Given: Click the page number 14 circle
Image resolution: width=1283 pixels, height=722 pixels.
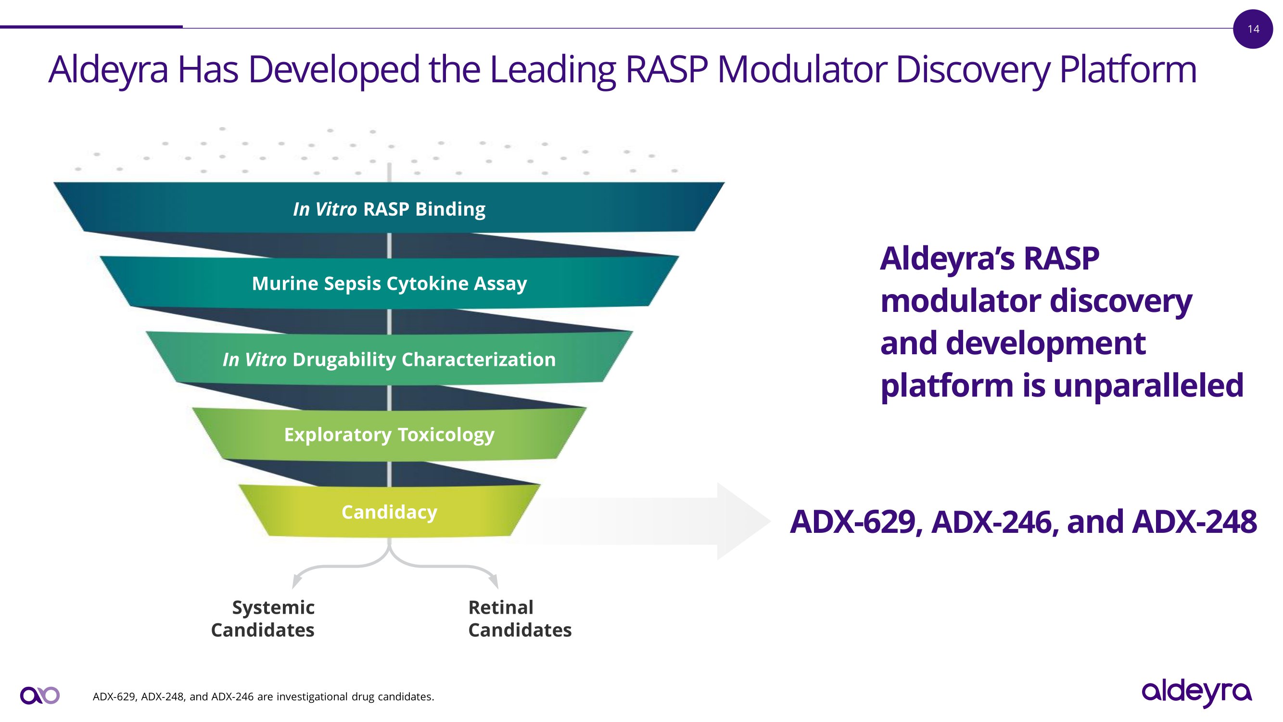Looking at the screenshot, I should (1253, 29).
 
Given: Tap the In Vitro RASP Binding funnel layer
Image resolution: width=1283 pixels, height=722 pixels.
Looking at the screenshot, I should (389, 208).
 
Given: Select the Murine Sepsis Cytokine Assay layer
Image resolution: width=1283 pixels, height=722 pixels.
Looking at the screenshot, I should (389, 283).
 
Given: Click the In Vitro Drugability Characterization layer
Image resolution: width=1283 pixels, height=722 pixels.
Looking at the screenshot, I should (389, 359).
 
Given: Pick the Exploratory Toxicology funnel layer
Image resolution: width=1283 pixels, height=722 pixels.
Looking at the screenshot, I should (389, 434).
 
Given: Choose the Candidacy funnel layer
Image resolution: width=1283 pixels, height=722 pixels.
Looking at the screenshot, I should (389, 512).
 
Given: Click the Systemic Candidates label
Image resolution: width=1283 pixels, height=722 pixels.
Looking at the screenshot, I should (263, 619).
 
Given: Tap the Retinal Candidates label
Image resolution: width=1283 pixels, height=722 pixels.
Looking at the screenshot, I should (520, 619).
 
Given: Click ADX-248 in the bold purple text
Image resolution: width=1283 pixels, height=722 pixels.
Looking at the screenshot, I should (1194, 522).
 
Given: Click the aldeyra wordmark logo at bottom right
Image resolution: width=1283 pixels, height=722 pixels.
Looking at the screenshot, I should (1196, 692).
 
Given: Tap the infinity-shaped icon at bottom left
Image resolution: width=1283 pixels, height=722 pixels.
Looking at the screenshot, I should (40, 695).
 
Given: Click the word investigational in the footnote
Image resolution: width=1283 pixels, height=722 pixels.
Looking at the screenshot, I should (312, 696).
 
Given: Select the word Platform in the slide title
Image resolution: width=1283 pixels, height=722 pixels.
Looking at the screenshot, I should (1128, 70).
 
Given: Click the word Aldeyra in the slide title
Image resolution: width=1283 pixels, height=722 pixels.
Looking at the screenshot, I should (108, 70).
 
